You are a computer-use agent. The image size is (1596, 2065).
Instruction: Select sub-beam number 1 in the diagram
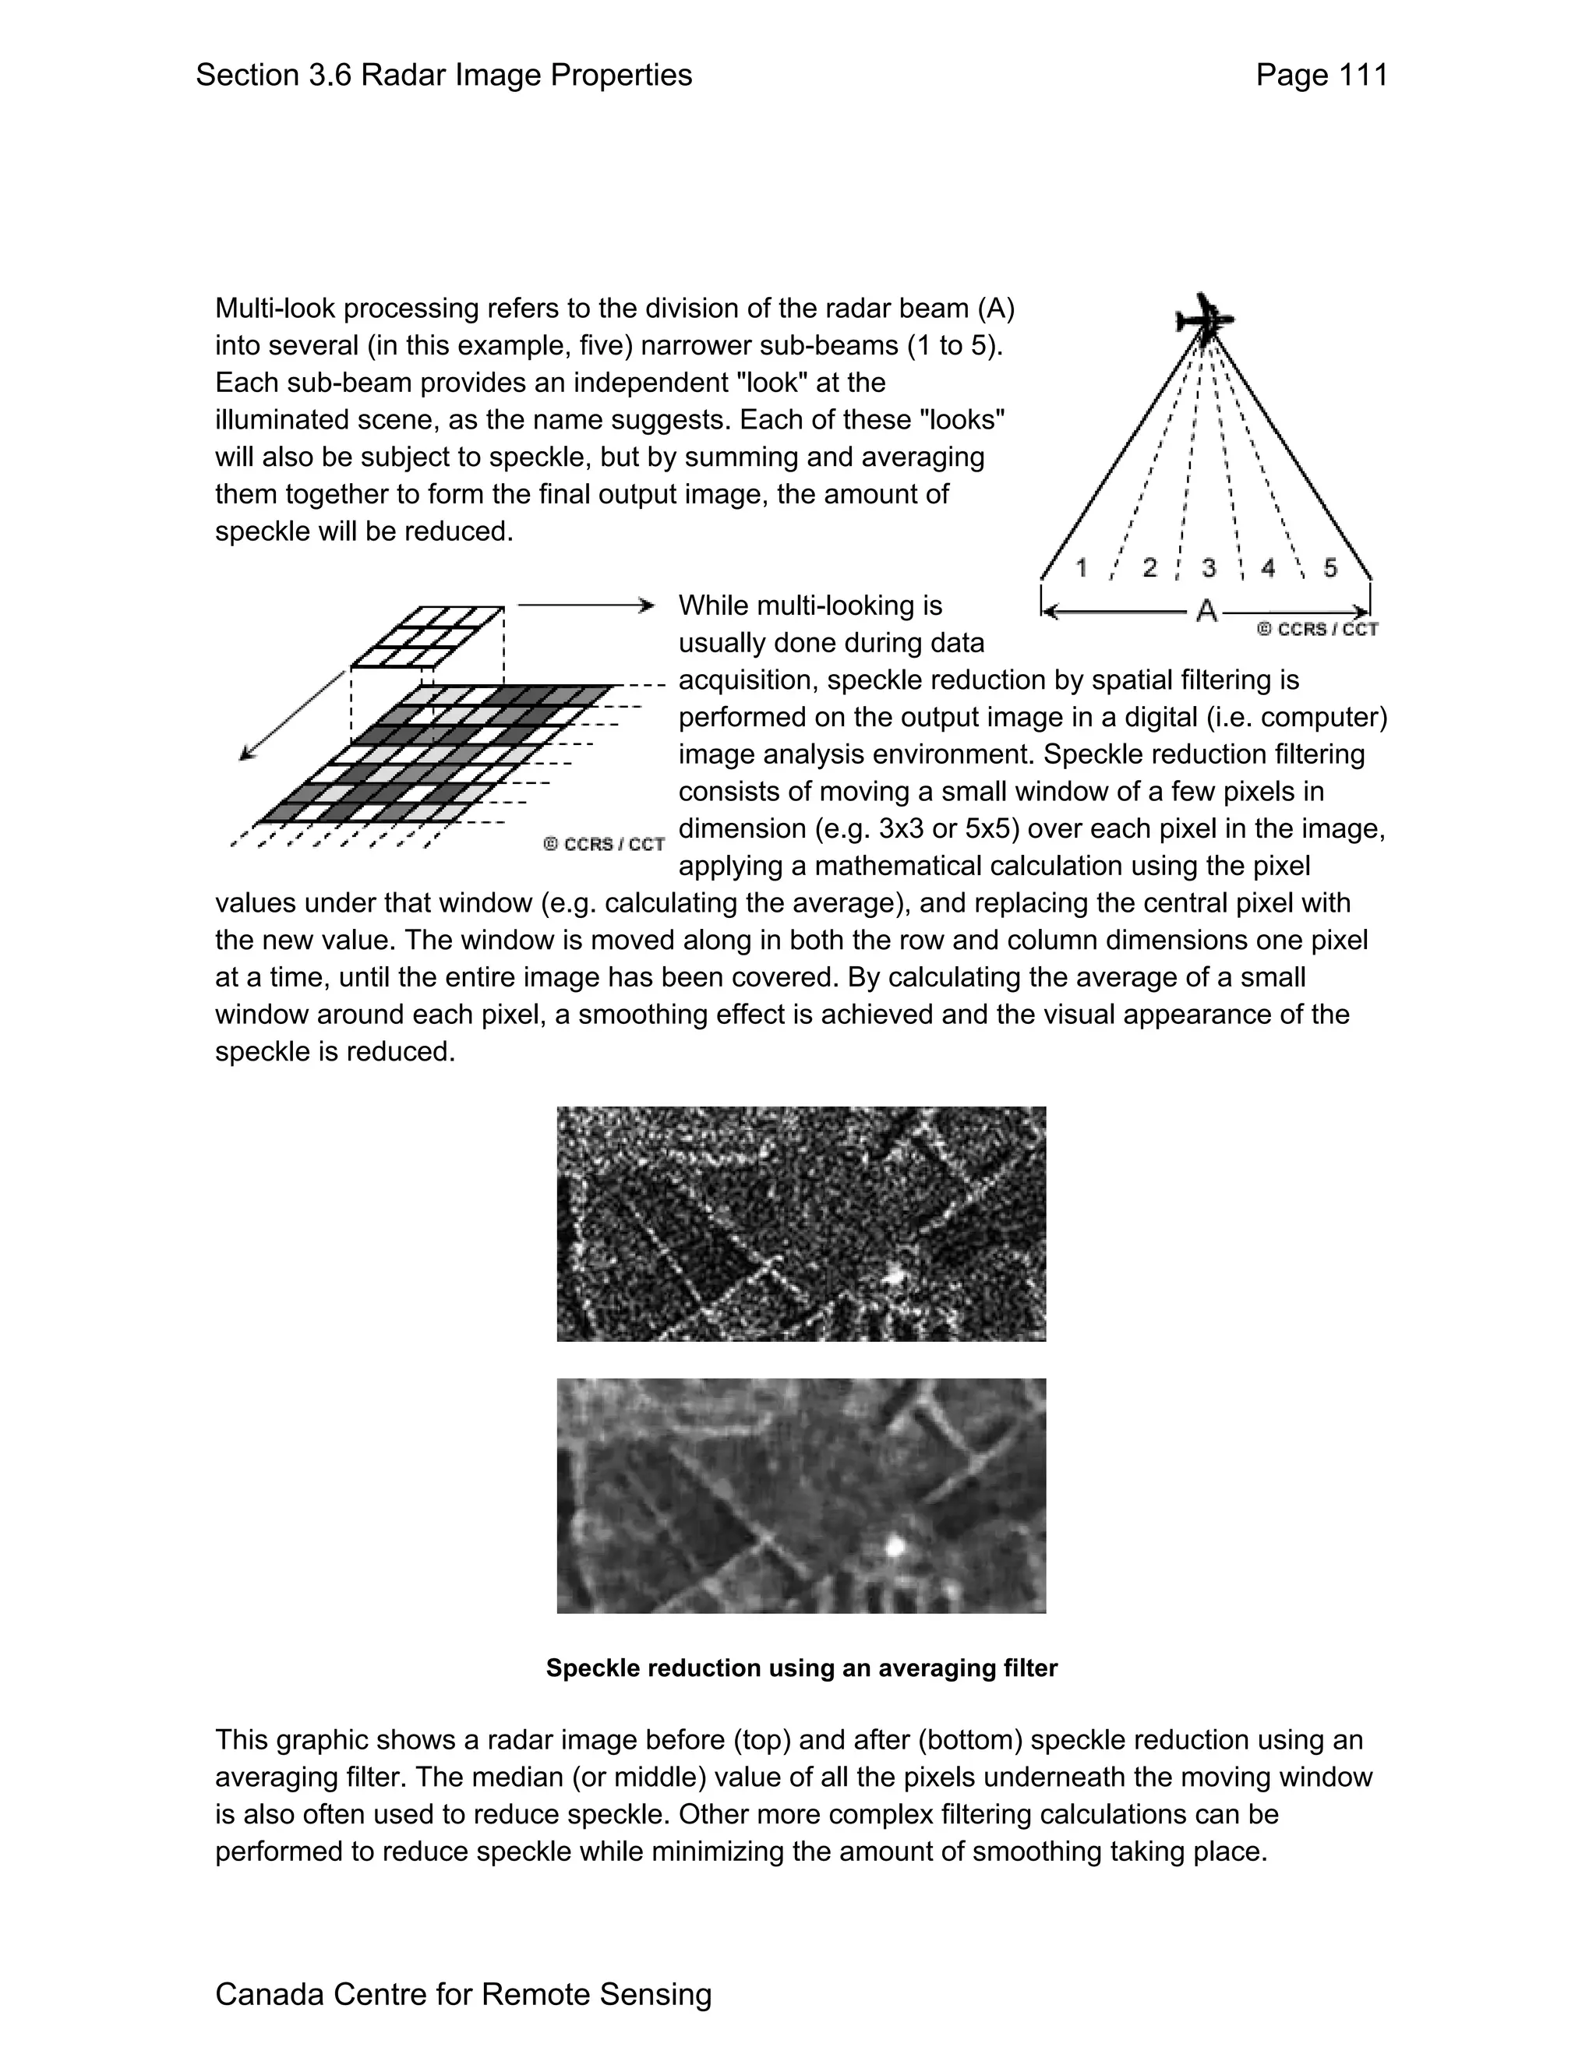(x=1082, y=567)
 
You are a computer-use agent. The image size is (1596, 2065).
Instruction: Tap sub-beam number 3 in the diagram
(x=1209, y=567)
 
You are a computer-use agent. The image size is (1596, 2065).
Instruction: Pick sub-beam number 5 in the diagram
(x=1330, y=567)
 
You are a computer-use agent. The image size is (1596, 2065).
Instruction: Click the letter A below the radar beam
(x=1206, y=612)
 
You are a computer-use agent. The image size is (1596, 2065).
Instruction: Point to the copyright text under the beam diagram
(x=1317, y=630)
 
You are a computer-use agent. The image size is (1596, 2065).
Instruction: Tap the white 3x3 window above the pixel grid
(x=427, y=635)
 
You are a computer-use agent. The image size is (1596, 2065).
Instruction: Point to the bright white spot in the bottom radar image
(x=895, y=1547)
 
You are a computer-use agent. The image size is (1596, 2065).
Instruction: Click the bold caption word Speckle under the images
(x=593, y=1668)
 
